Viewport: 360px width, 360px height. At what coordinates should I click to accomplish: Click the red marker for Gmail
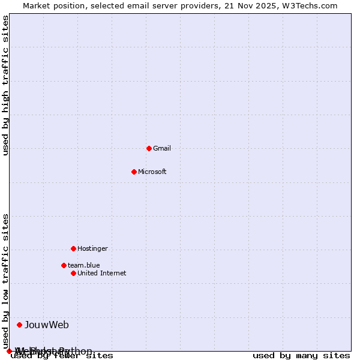[149, 148]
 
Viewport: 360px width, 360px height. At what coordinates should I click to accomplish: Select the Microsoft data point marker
[134, 172]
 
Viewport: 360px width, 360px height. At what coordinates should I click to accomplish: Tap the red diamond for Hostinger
[73, 248]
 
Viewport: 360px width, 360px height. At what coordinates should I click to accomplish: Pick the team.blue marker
[64, 265]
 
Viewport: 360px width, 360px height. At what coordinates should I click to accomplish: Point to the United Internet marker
[73, 273]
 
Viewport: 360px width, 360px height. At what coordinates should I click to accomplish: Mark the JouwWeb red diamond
[19, 325]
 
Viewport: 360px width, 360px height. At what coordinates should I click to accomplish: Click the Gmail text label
[162, 148]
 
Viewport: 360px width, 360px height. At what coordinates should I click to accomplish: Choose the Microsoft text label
[152, 172]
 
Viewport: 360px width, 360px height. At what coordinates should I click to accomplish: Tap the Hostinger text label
[92, 248]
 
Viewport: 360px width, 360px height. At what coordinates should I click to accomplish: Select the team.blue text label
[84, 265]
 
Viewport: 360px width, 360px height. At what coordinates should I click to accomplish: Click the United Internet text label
[102, 273]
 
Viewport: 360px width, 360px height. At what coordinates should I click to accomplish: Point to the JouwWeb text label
[47, 325]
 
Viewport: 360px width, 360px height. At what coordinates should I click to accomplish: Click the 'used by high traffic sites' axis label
[6, 86]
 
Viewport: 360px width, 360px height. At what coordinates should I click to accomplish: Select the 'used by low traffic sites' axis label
[6, 281]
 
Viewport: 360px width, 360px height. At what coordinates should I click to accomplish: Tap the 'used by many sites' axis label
[301, 356]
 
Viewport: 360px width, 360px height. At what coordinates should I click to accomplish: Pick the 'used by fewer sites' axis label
[62, 356]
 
